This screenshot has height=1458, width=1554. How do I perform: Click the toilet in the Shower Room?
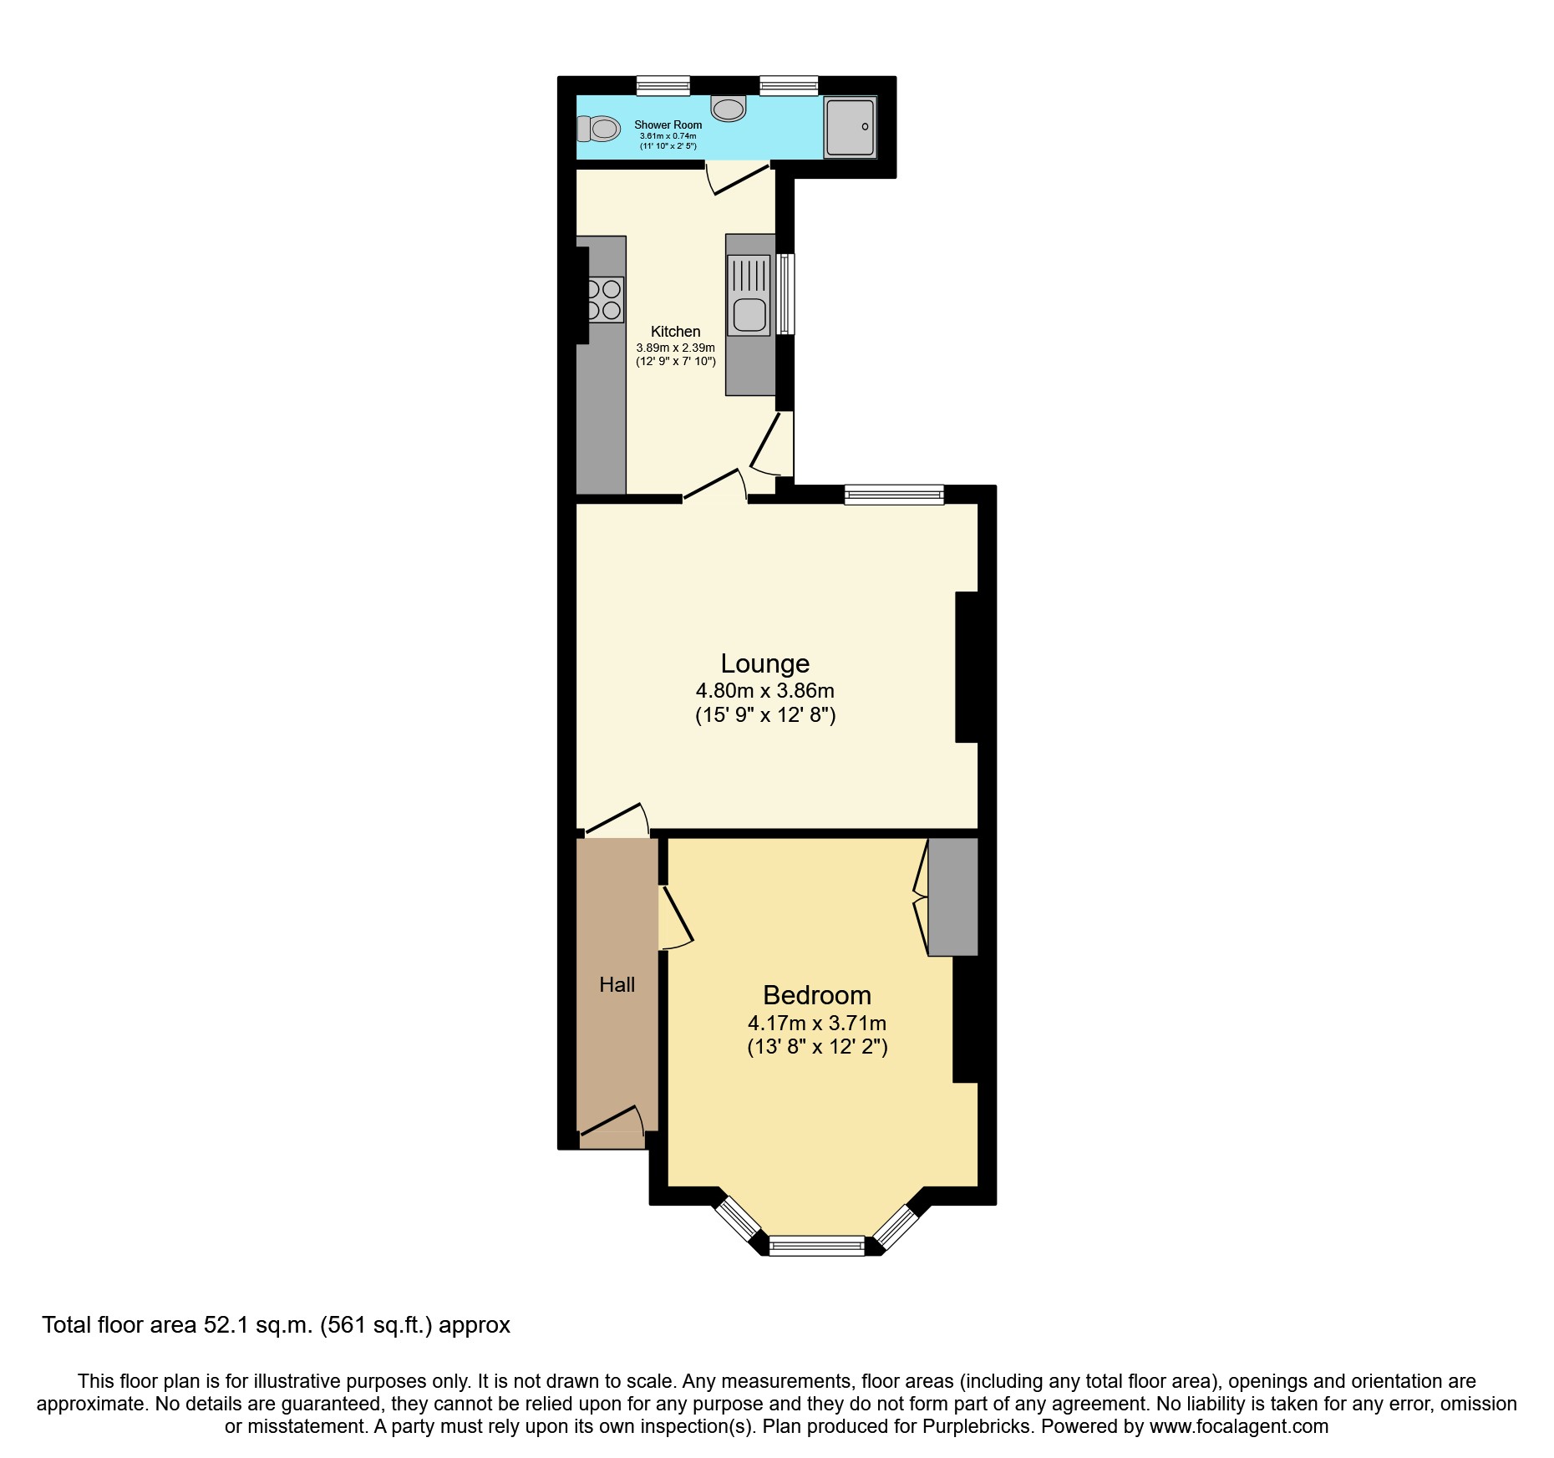point(599,129)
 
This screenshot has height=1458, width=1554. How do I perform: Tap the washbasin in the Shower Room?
point(729,109)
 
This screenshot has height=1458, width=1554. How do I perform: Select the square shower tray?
point(851,127)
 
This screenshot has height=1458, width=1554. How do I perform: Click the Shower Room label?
point(668,124)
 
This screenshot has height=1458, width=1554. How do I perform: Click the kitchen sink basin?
point(749,315)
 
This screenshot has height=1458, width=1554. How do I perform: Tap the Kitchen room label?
point(675,332)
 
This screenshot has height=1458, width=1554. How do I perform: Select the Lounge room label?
point(764,663)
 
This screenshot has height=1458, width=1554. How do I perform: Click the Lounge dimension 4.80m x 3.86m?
point(764,691)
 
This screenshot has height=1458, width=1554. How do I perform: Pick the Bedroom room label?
point(816,995)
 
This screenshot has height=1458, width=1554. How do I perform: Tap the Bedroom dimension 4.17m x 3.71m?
point(816,1023)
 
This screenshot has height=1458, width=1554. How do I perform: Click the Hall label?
point(617,985)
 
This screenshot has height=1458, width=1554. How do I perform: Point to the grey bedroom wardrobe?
point(953,897)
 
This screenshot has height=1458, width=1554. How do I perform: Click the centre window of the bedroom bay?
point(816,1247)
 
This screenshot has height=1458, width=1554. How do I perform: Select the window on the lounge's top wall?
point(893,495)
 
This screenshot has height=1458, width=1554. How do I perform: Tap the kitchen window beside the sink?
point(785,294)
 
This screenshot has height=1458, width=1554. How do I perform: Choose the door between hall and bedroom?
point(674,917)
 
